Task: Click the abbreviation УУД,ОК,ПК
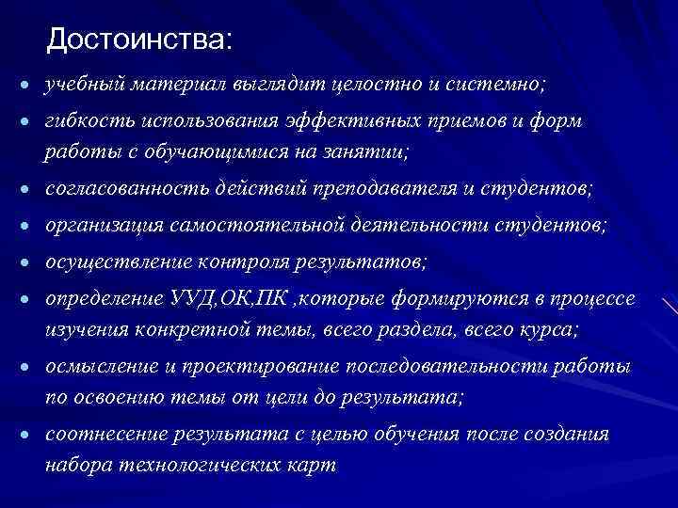pyautogui.click(x=233, y=299)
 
